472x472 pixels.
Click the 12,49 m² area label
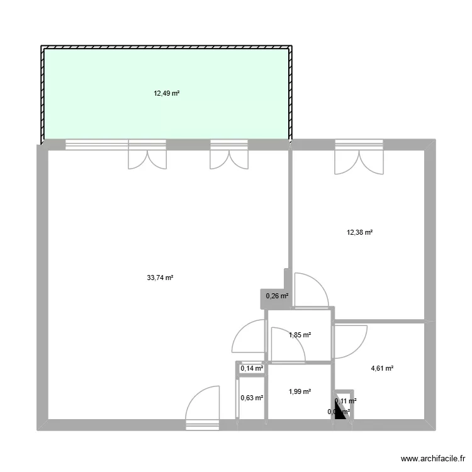(166, 94)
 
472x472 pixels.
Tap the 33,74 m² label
(160, 277)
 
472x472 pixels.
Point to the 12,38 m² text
(359, 232)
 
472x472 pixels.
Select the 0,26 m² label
(277, 296)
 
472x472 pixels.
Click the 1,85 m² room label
(300, 335)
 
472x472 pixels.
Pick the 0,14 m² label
(252, 369)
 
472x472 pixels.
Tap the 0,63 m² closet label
(252, 398)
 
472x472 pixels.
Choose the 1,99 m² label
(300, 392)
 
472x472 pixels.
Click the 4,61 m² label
(381, 369)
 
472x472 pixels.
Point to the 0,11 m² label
(346, 401)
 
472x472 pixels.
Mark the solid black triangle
(342, 413)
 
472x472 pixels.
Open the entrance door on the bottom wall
(203, 409)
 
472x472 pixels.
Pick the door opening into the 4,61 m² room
(350, 340)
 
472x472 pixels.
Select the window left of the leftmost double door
(96, 145)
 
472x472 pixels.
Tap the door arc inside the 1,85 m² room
(287, 345)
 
